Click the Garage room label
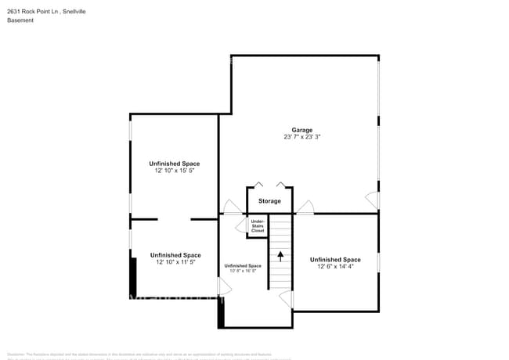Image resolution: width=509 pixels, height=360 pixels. pos(302,130)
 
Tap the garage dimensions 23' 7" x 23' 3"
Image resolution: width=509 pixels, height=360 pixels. pos(302,137)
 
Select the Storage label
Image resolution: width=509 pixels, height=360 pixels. pos(269,201)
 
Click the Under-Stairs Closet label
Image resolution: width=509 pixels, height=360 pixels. pos(258,226)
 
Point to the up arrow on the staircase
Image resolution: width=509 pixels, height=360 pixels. pos(280,256)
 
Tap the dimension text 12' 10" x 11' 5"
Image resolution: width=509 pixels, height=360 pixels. pos(175,262)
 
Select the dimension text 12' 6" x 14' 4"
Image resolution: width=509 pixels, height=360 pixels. pos(335,267)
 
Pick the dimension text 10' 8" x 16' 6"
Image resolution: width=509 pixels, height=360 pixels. pos(242,272)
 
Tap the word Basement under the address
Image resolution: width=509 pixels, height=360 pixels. pos(20,20)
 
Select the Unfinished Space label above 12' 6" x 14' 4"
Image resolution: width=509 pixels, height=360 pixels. pos(335,260)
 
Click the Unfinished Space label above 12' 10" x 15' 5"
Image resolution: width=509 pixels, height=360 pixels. pos(175,164)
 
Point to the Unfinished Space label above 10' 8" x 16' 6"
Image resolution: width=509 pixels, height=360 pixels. pos(242,266)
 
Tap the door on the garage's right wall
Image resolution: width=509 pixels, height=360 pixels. pos(373,200)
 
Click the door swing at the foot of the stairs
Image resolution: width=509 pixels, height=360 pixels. pos(286,300)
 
